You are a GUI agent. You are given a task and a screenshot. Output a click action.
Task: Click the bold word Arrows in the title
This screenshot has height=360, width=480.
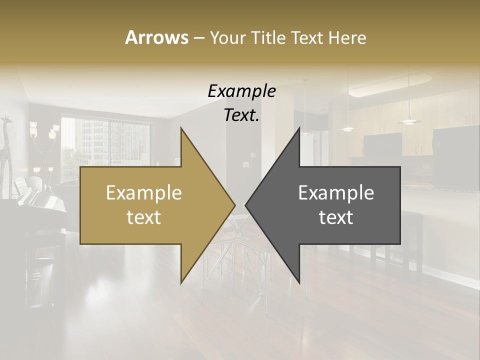point(156,37)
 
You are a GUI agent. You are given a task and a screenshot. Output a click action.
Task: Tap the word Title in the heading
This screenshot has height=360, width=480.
point(266,37)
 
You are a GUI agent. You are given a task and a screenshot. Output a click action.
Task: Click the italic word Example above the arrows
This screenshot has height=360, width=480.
point(241,91)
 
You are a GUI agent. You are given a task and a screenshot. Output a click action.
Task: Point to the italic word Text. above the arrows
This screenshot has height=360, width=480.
point(241,115)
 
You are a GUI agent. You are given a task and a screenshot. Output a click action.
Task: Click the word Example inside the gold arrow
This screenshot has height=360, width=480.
point(144,192)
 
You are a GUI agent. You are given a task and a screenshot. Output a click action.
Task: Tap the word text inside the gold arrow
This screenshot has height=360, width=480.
point(144,217)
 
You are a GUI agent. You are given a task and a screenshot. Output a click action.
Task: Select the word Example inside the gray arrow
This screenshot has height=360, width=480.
point(336,192)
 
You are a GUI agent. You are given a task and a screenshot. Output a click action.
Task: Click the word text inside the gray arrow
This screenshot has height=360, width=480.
point(336,217)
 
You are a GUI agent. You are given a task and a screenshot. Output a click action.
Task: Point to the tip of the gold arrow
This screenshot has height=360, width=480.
point(234,205)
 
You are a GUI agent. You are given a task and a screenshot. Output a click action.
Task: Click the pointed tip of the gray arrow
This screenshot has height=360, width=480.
point(246,205)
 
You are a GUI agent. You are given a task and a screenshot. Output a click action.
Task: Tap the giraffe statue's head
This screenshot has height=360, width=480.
point(6,120)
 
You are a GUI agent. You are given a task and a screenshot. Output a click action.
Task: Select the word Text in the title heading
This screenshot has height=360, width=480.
point(305,37)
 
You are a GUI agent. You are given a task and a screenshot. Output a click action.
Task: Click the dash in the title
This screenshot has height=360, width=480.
point(198,38)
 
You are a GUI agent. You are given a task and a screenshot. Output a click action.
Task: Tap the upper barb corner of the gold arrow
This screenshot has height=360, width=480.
point(181,128)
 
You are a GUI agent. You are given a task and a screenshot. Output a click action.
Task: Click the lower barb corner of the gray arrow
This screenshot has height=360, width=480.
point(299,282)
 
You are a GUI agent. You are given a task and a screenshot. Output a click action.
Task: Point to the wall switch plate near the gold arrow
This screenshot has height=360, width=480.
point(246,164)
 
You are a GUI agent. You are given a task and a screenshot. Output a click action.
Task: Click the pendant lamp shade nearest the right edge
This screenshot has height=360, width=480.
point(409,120)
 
